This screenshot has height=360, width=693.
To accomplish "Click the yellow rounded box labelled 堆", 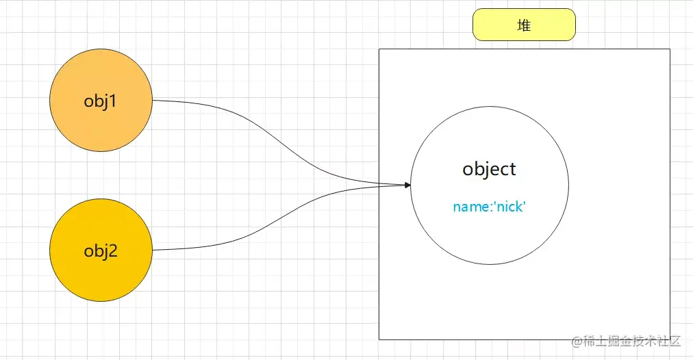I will pyautogui.click(x=524, y=25).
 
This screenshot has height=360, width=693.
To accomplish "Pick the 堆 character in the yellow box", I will pyautogui.click(x=524, y=25).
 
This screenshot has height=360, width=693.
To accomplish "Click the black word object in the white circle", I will pyautogui.click(x=489, y=169).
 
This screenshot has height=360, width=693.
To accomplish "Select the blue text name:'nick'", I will pyautogui.click(x=489, y=206).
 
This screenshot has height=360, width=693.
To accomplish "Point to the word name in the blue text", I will pyautogui.click(x=468, y=206).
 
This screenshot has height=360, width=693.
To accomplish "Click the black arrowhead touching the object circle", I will pyautogui.click(x=407, y=185).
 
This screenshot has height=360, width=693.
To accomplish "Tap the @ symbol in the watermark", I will pyautogui.click(x=577, y=340).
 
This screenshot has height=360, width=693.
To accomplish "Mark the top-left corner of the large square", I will pyautogui.click(x=379, y=49).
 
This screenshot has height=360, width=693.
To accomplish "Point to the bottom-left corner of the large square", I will pyautogui.click(x=379, y=339).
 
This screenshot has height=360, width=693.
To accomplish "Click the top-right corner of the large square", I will pyautogui.click(x=670, y=49).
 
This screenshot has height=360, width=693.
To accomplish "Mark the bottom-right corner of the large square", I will pyautogui.click(x=670, y=339).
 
